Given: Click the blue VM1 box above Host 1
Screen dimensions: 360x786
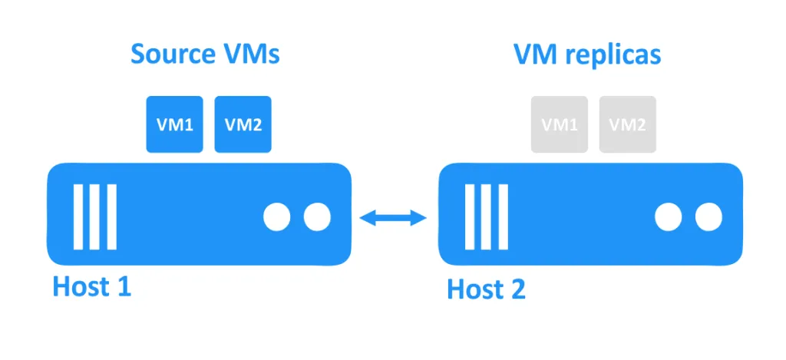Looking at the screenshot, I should click(x=175, y=124).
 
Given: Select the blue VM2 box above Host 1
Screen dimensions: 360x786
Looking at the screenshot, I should click(x=243, y=124).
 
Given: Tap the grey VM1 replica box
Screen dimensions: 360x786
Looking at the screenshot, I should click(x=560, y=124).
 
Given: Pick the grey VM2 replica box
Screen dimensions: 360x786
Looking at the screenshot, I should click(x=627, y=124).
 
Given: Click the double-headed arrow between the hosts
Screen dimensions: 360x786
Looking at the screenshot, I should click(x=393, y=219).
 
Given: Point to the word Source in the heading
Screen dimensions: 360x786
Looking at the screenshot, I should click(x=170, y=54).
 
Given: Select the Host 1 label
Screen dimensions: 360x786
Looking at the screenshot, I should click(x=91, y=286).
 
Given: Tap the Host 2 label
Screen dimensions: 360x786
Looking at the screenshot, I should click(x=486, y=289).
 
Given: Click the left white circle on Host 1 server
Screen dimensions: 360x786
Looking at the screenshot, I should click(x=277, y=218).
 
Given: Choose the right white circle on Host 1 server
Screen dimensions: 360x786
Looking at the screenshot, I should click(x=316, y=218).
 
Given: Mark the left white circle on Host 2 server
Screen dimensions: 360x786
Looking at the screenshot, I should click(x=668, y=218).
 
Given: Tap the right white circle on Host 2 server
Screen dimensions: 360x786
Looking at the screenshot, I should click(x=708, y=218).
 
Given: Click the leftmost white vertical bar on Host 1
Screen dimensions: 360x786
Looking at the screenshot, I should click(x=78, y=217).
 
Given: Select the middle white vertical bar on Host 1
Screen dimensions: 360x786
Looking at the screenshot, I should click(x=94, y=217).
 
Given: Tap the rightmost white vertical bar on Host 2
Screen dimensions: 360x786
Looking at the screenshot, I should click(x=502, y=217).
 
